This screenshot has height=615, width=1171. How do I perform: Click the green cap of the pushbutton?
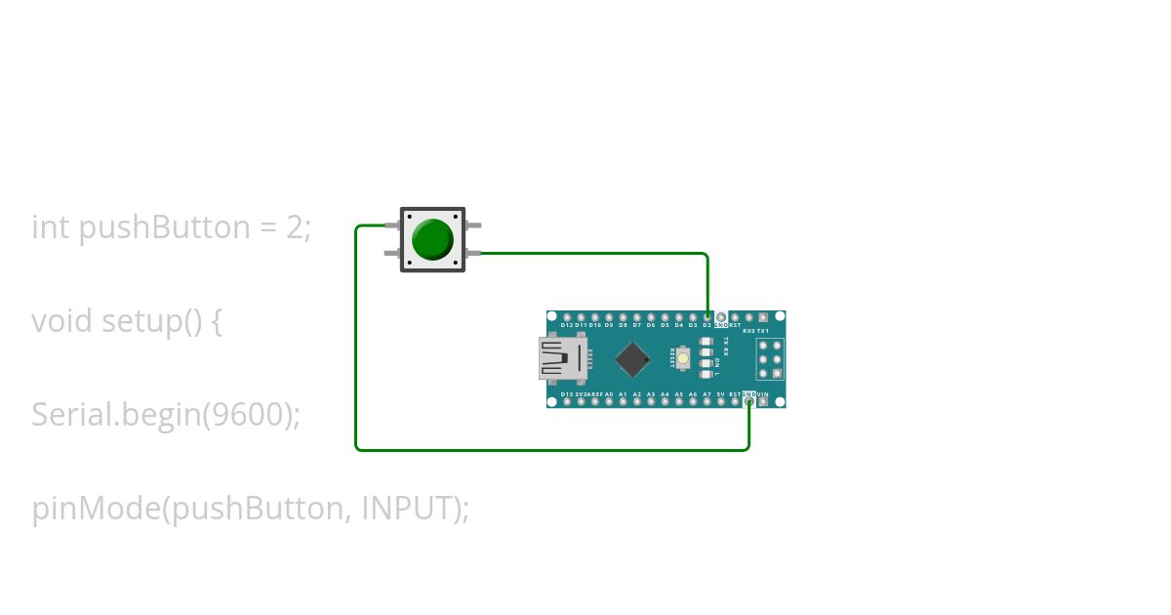432,240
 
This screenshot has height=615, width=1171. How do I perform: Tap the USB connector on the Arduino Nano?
562,359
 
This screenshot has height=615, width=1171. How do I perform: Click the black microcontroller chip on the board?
632,359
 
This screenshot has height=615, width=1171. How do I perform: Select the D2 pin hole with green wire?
707,317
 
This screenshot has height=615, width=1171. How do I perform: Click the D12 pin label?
567,326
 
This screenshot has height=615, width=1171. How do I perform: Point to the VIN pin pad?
763,401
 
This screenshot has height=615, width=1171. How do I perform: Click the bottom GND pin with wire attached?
748,401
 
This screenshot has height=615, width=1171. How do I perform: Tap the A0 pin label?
609,393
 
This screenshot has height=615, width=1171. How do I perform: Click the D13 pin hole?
567,401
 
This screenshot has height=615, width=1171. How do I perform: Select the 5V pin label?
720,393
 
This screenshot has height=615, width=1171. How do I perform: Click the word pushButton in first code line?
164,227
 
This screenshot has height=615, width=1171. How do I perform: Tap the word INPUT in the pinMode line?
408,509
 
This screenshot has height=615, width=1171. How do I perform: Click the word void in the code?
62,321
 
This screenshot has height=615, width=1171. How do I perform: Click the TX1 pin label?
763,331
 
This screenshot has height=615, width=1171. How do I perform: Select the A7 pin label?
707,393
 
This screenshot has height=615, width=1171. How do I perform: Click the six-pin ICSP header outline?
770,359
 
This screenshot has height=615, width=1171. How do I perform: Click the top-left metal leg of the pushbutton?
391,226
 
